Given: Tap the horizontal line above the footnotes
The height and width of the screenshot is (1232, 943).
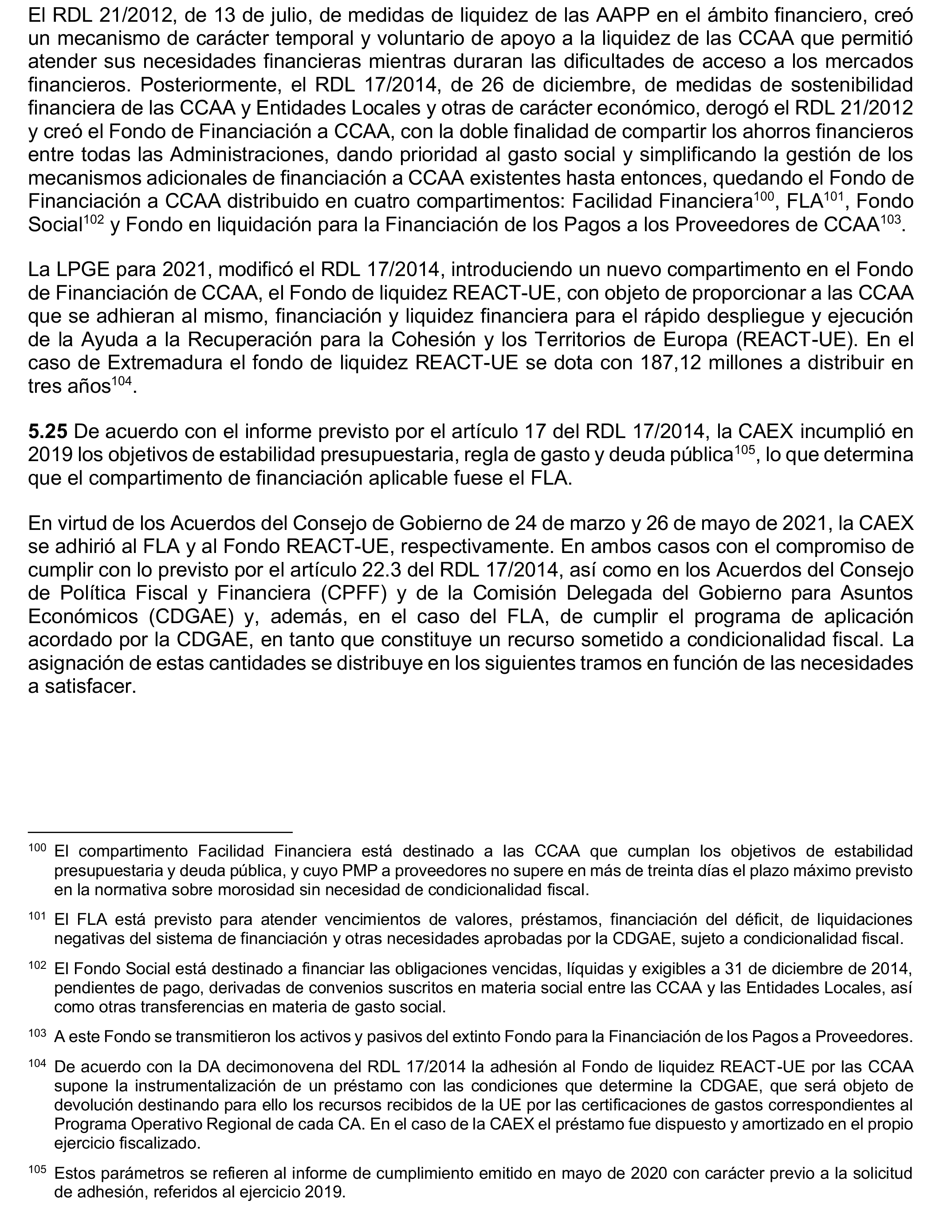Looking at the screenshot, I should click(161, 832).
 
